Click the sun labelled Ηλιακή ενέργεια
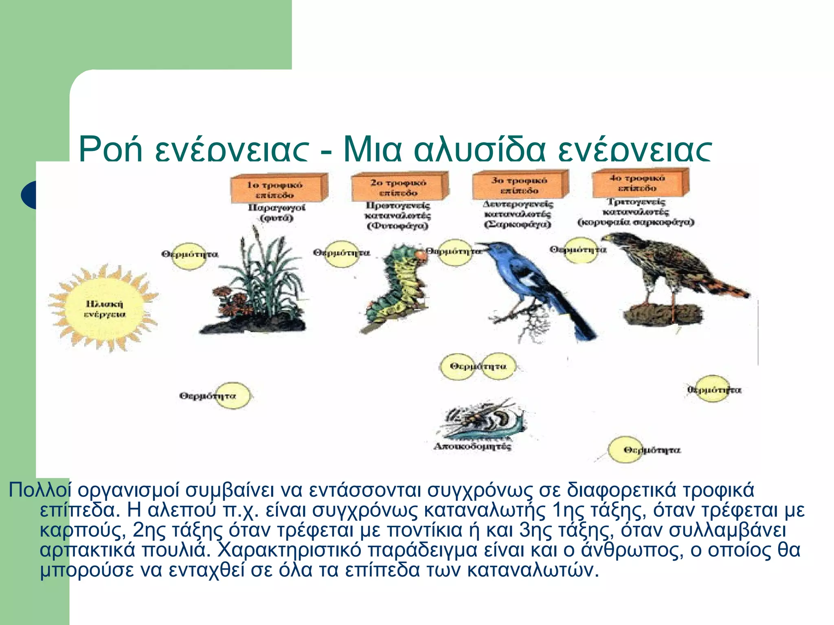tap(104, 309)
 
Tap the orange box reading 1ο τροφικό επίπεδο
tap(277, 189)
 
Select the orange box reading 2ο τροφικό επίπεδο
tap(398, 187)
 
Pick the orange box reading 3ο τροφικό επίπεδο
tap(518, 185)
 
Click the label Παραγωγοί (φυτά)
tap(277, 212)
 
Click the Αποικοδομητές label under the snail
tap(472, 446)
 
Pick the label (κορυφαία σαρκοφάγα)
tap(636, 222)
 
